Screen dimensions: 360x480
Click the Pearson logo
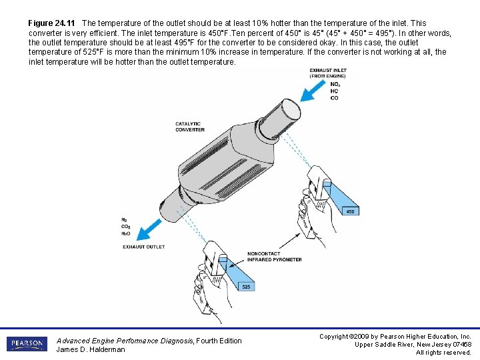[x=27, y=344]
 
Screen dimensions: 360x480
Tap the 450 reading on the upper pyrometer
[x=350, y=211]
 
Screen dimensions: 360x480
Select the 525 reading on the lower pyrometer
[x=246, y=287]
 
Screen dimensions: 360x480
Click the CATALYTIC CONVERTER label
[x=190, y=127]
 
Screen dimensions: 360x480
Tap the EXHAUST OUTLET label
[x=143, y=247]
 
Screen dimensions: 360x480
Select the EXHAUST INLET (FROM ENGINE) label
[x=328, y=73]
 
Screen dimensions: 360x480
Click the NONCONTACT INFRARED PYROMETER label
[x=274, y=257]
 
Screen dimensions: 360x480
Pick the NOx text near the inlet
[x=335, y=85]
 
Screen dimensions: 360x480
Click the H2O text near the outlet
[x=125, y=234]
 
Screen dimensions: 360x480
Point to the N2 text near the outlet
[x=125, y=220]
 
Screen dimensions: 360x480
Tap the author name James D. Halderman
[x=91, y=349]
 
